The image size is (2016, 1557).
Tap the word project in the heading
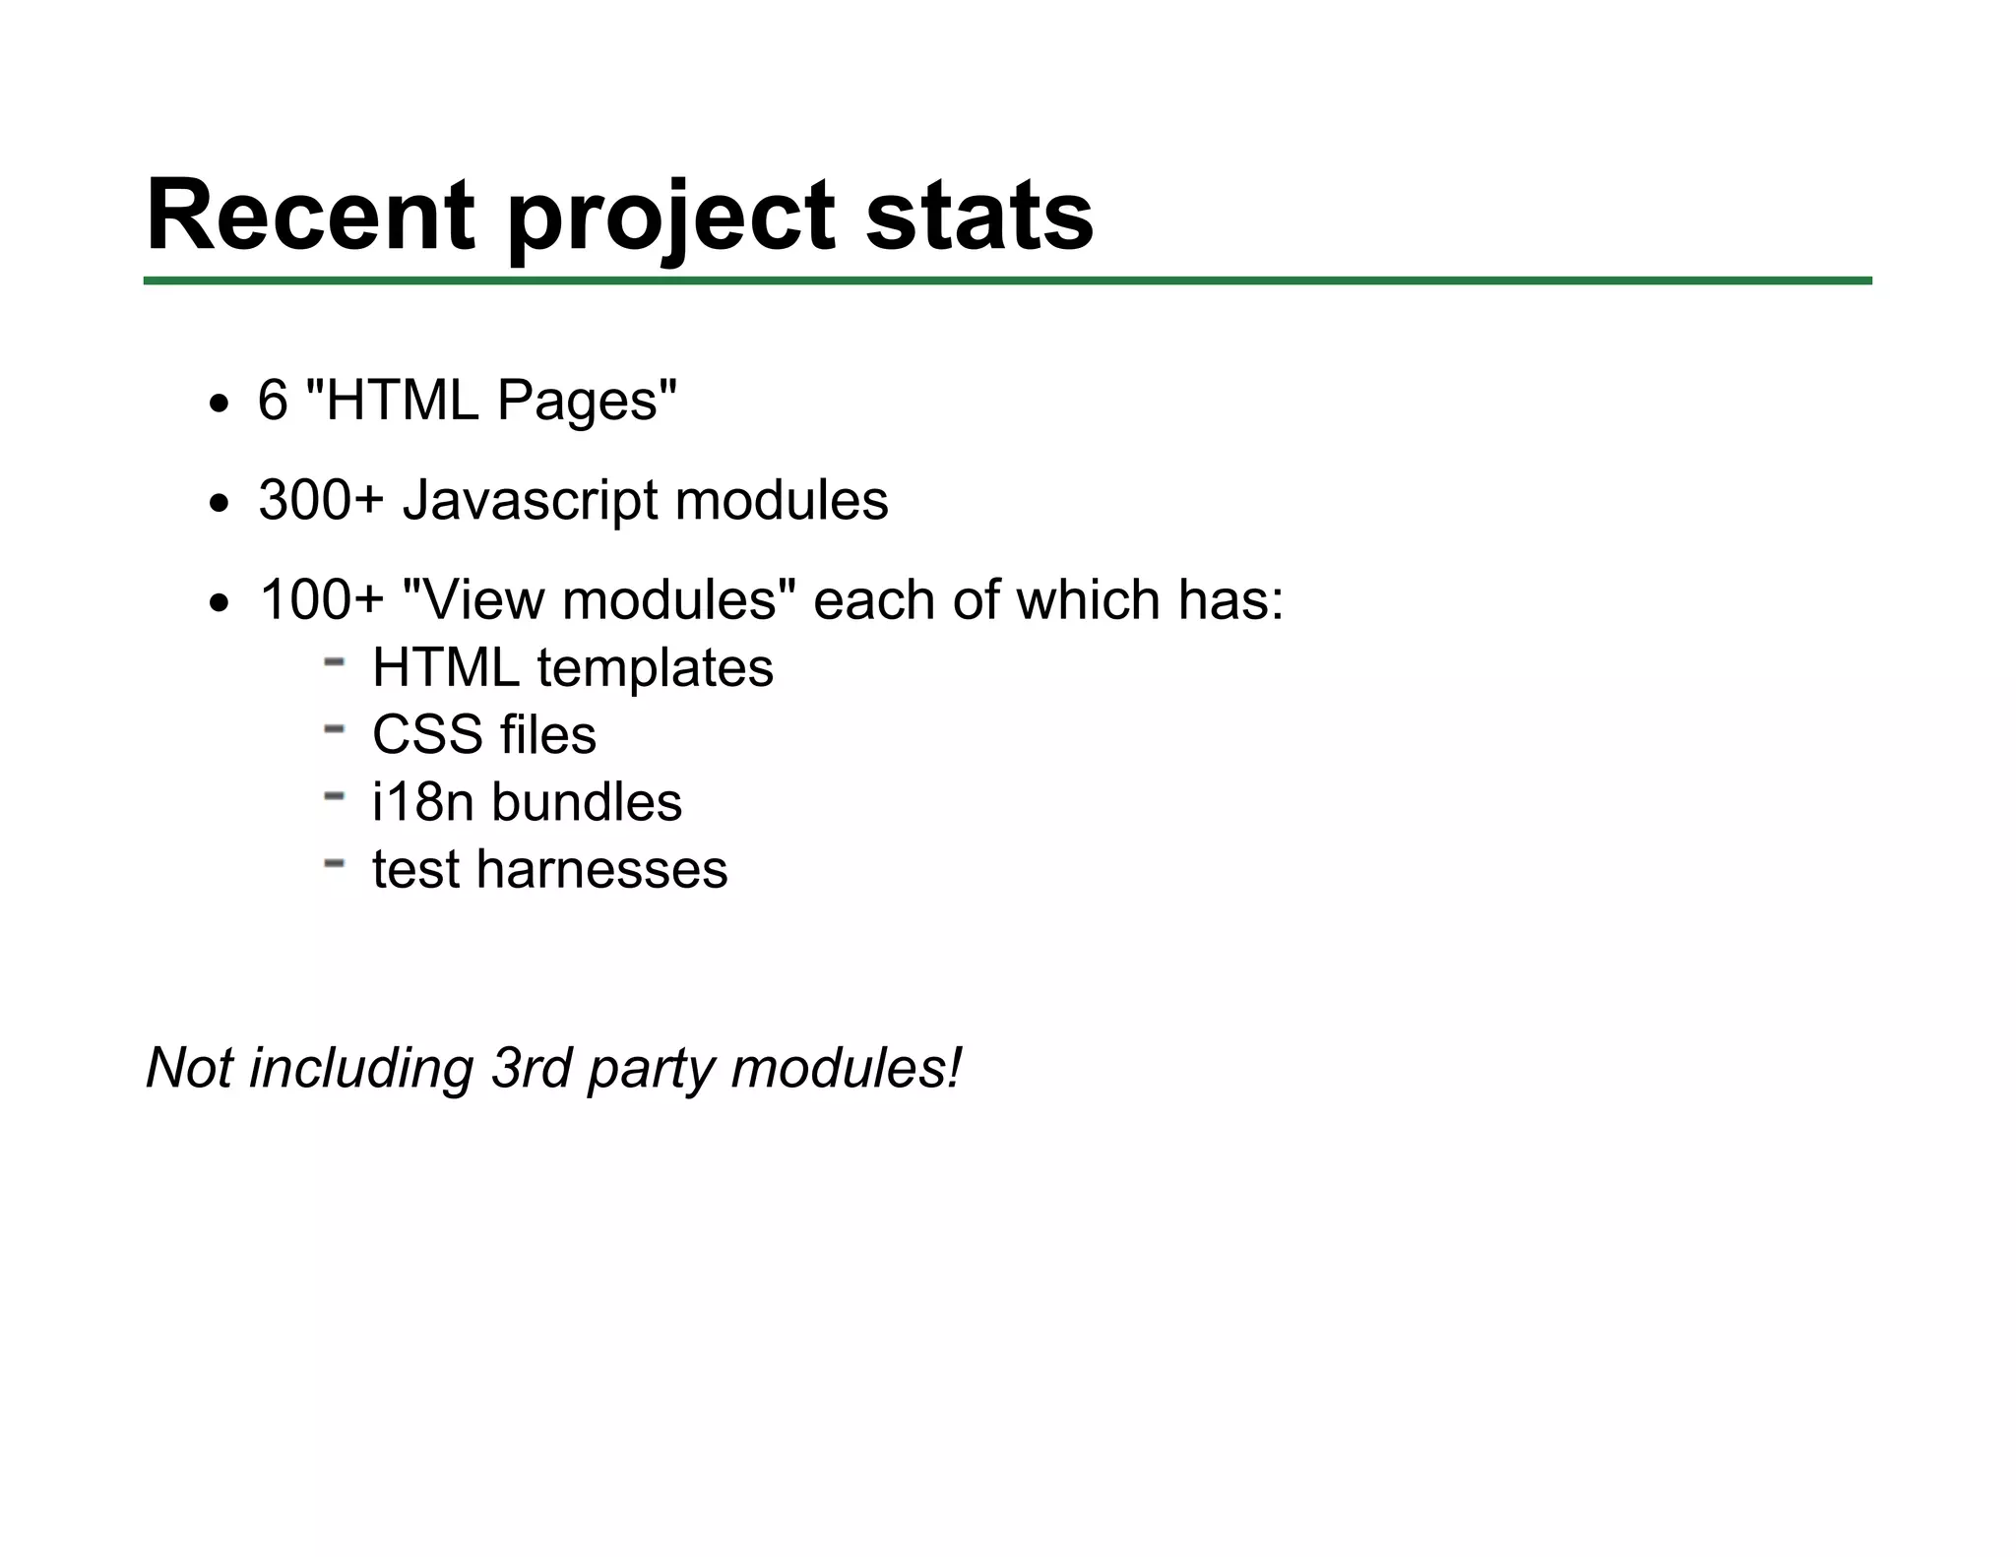pos(670,220)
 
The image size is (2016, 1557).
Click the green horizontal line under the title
pos(1007,281)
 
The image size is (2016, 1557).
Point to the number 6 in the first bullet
pos(273,401)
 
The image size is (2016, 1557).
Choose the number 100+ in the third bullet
pos(321,600)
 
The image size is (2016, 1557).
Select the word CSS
pos(426,735)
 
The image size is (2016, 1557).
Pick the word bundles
pos(587,802)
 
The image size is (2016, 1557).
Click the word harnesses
pos(602,870)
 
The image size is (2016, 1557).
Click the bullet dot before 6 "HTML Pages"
pos(219,404)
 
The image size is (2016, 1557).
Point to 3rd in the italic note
pos(531,1068)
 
